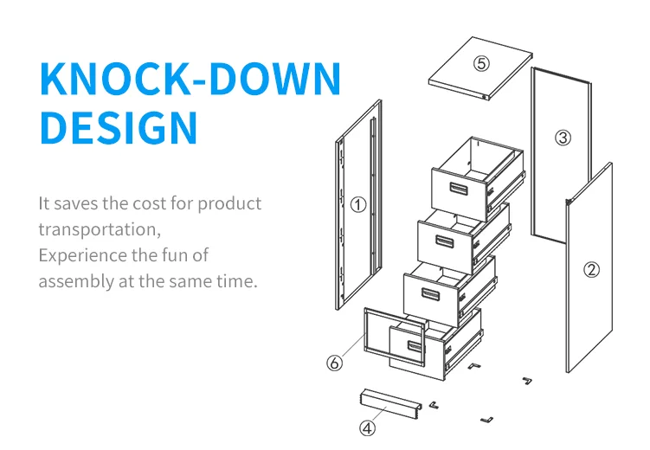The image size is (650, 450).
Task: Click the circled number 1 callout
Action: click(359, 204)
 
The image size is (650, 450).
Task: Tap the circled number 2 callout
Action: click(592, 269)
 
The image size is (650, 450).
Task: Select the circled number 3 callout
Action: click(563, 138)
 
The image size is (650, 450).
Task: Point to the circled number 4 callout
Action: click(367, 427)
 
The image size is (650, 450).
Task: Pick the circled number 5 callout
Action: click(481, 63)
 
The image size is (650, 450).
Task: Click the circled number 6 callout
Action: click(334, 363)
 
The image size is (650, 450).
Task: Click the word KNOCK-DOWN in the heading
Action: click(190, 80)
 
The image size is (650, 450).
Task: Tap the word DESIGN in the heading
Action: click(119, 127)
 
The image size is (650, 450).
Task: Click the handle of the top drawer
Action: click(455, 189)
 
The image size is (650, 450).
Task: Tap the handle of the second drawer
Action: click(444, 241)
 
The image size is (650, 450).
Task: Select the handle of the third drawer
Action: click(431, 292)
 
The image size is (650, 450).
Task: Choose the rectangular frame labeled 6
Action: click(367, 333)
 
